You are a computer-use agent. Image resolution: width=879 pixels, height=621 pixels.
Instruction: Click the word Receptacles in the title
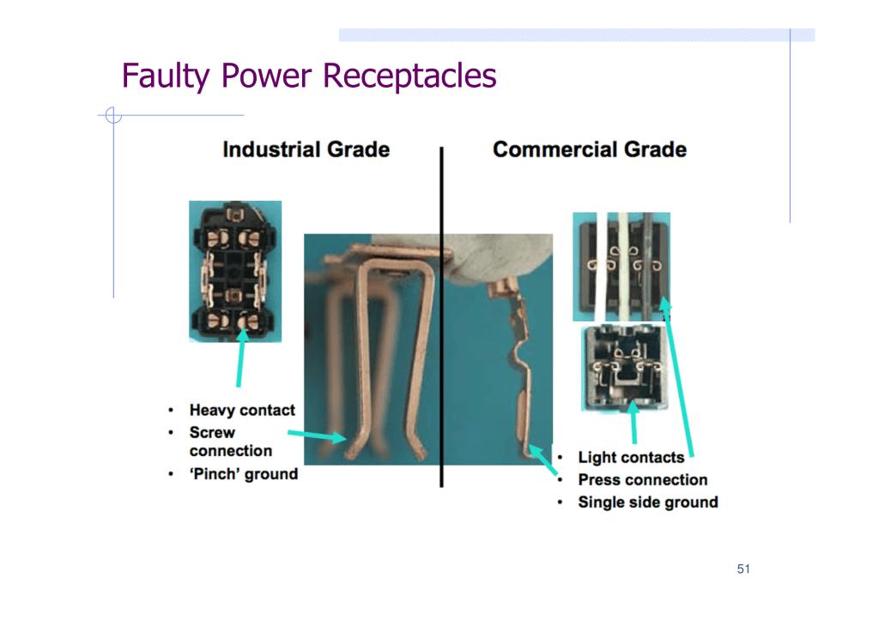click(x=409, y=76)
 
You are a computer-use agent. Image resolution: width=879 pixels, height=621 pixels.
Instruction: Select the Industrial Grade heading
click(x=306, y=149)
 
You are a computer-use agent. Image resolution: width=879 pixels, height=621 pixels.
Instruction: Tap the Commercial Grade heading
click(x=590, y=149)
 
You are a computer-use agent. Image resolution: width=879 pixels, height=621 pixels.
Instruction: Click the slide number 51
click(x=743, y=569)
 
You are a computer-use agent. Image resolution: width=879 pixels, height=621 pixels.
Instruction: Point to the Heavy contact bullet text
click(x=242, y=410)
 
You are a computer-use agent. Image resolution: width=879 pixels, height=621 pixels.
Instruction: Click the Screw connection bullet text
click(x=230, y=441)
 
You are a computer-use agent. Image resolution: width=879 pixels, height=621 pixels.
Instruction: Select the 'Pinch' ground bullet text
click(x=243, y=474)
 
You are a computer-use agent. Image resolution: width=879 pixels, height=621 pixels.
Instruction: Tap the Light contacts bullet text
click(x=631, y=457)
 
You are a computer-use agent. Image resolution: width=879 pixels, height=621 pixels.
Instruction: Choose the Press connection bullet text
click(x=642, y=479)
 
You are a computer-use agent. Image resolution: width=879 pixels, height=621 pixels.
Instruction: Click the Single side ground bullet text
click(x=648, y=502)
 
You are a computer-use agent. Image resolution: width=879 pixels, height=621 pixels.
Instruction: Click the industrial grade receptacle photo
click(x=235, y=271)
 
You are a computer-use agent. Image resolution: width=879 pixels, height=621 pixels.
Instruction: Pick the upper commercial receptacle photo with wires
click(x=621, y=266)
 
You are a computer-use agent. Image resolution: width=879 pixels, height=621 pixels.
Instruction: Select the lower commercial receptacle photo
click(x=626, y=368)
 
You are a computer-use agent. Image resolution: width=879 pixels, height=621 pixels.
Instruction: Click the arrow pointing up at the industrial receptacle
click(x=240, y=357)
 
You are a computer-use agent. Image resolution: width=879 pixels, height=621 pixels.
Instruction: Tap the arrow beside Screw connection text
click(x=318, y=435)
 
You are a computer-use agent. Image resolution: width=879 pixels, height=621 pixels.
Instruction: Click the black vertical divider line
click(x=442, y=317)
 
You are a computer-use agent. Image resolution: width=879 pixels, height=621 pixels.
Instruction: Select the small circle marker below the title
click(x=113, y=115)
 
